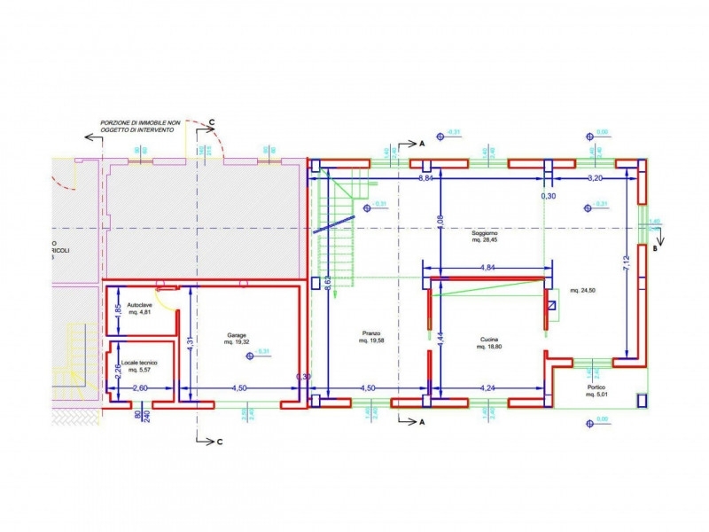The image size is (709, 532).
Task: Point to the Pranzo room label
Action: (x=370, y=333)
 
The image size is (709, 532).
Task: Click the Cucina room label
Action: (x=488, y=340)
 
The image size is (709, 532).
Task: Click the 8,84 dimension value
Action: (x=425, y=178)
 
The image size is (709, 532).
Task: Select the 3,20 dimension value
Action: (x=596, y=178)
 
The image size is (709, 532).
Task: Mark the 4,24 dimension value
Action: (x=487, y=387)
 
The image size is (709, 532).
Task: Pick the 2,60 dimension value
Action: (x=140, y=387)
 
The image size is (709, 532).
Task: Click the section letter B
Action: (x=655, y=249)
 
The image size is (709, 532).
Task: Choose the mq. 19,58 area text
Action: (x=370, y=340)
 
